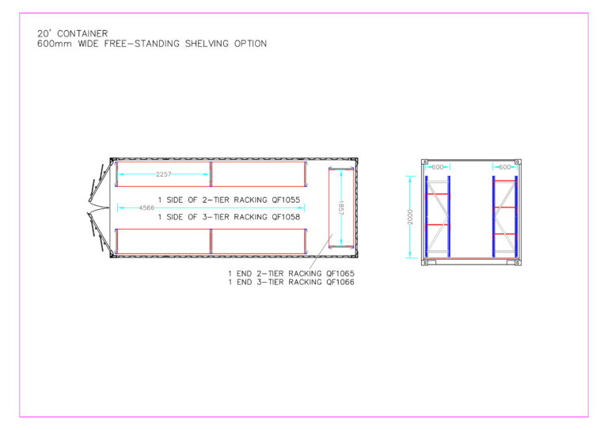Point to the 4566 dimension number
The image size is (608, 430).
(146, 208)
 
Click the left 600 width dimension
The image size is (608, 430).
(436, 167)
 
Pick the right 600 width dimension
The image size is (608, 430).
(503, 167)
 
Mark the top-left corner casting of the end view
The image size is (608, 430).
(425, 162)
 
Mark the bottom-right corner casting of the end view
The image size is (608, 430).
(516, 262)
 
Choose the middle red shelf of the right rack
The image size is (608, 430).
(504, 207)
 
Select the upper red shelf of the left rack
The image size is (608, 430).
(438, 194)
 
